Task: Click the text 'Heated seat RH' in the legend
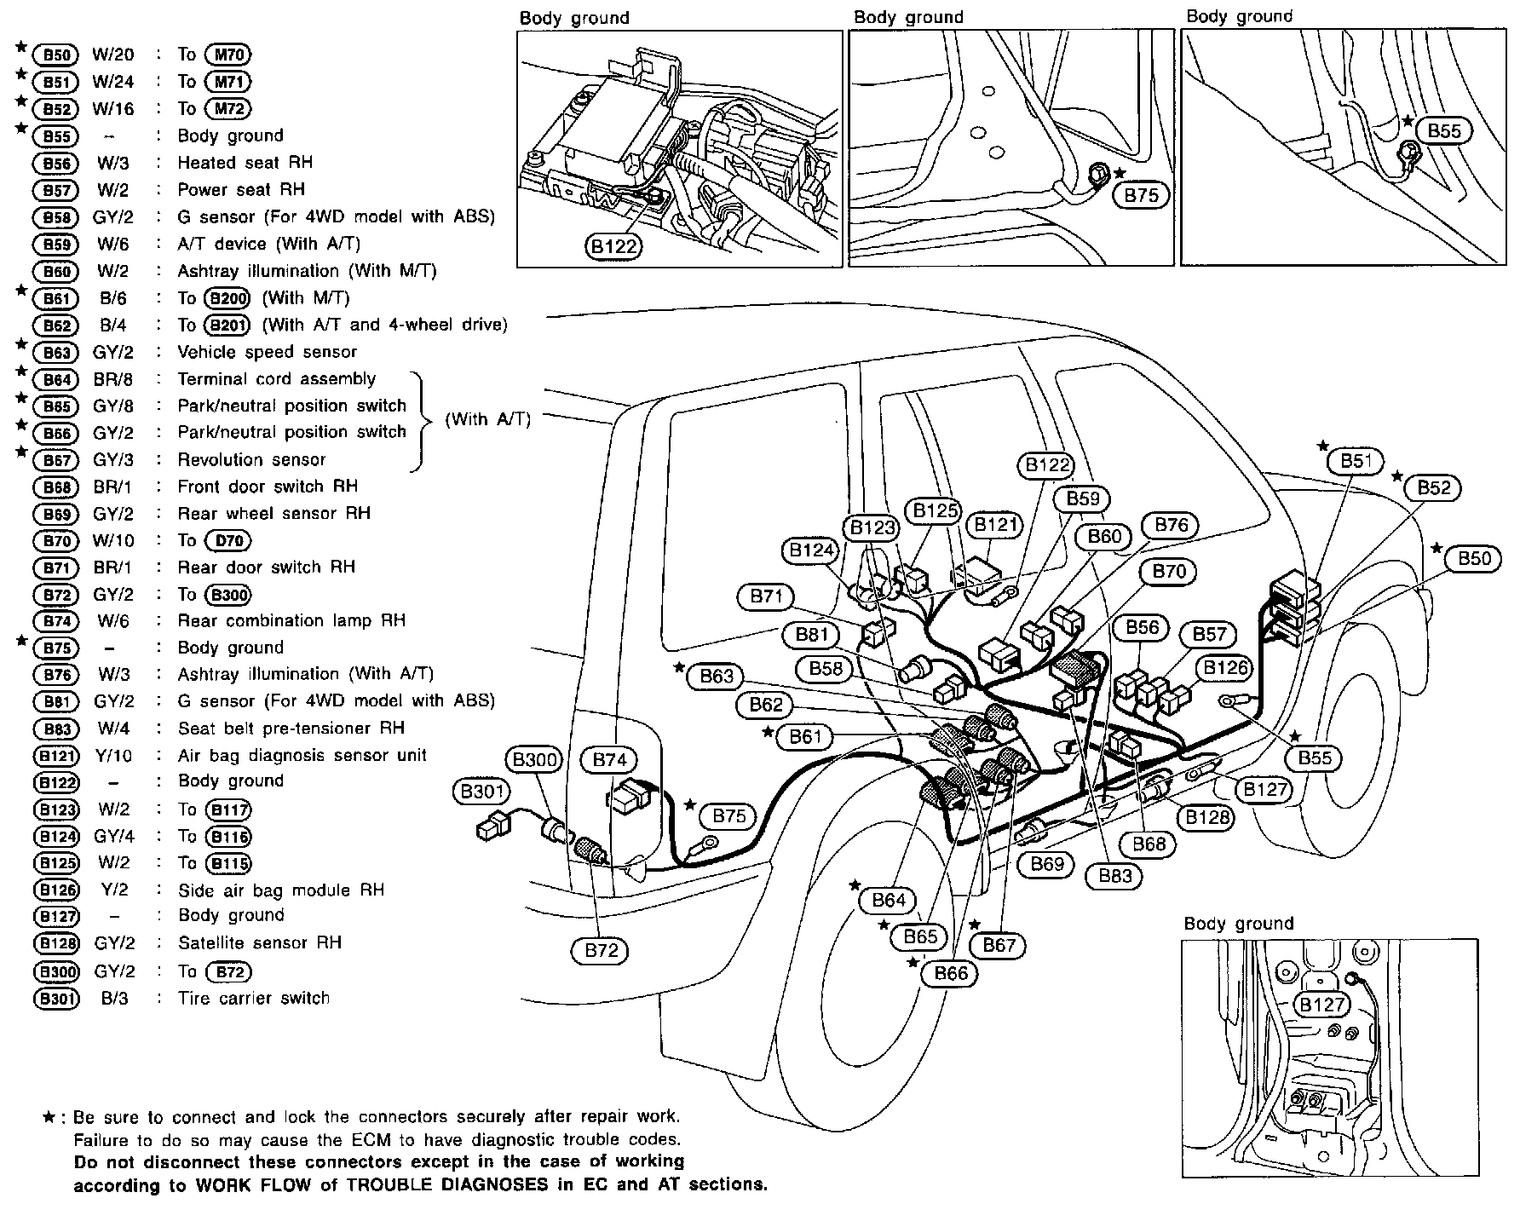tap(245, 162)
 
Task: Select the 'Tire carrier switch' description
tap(253, 998)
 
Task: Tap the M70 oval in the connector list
tap(229, 55)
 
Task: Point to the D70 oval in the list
tap(228, 541)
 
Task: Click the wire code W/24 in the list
tap(113, 82)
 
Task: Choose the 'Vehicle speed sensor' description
tap(267, 352)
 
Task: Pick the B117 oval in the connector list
tap(229, 810)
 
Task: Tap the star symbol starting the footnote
tap(49, 1116)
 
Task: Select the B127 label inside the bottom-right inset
tap(1321, 1005)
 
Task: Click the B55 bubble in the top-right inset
tap(1444, 130)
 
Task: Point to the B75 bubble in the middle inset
tap(1142, 195)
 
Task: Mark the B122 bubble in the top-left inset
tap(613, 247)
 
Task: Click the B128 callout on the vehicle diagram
tap(1207, 818)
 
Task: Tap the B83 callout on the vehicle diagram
tap(1114, 876)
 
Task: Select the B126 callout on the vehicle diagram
tap(1226, 668)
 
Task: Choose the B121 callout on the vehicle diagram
tap(996, 525)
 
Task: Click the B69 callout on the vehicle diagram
tap(1047, 864)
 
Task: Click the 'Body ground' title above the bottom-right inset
tap(1238, 924)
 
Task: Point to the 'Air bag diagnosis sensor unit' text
tap(302, 755)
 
